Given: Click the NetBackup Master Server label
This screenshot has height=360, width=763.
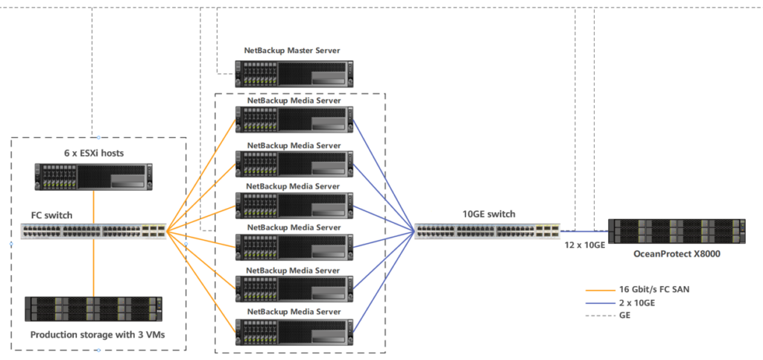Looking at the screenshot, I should [292, 51].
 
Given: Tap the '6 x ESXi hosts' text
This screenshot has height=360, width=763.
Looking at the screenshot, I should [93, 154].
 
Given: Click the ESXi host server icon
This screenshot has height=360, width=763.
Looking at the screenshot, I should [93, 177].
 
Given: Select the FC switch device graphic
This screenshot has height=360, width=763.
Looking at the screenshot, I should [93, 231].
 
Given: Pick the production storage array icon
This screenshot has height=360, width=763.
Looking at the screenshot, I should [93, 309].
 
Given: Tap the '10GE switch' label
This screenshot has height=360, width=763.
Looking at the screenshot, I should [488, 215].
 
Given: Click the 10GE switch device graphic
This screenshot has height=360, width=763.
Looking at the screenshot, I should [486, 231].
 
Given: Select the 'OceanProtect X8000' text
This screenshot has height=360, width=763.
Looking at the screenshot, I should [677, 253].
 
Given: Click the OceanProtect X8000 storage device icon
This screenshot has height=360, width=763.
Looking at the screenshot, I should [677, 231].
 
